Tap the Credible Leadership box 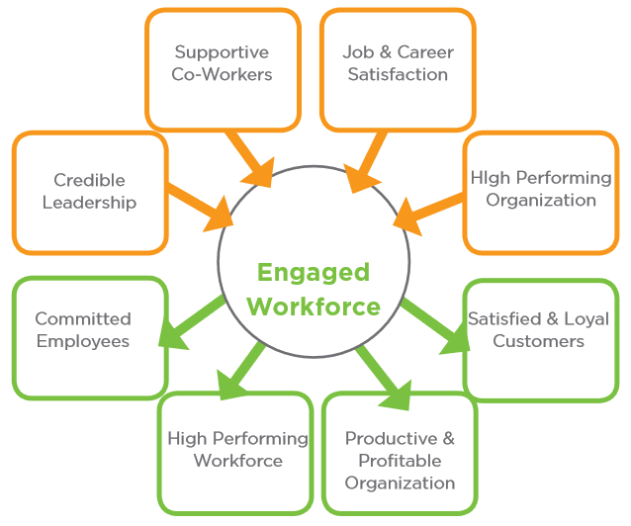coord(89,192)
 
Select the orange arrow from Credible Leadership coord(198,204)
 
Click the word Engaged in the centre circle coord(313,273)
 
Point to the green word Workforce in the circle coord(314,307)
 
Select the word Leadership coord(89,203)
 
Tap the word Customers coord(538,341)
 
